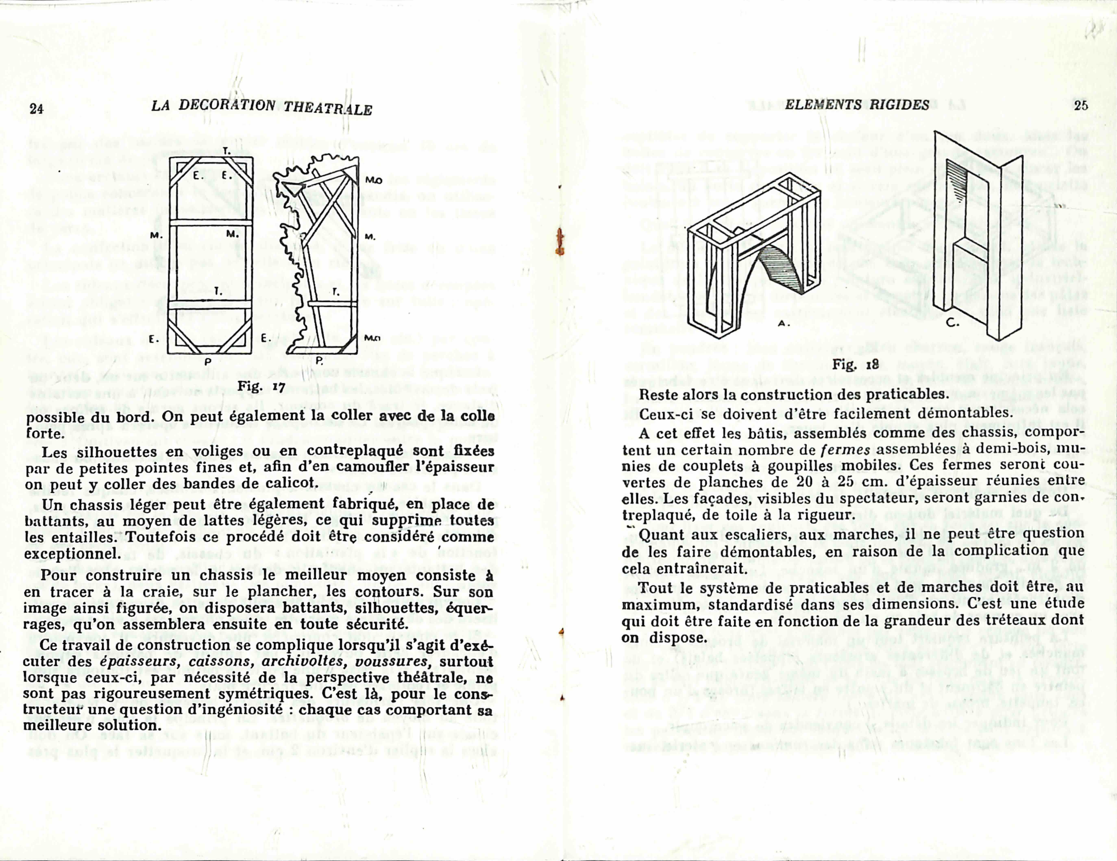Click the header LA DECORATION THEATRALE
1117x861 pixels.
(x=261, y=107)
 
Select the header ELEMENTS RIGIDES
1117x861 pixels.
(x=857, y=105)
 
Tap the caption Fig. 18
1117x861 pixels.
(x=855, y=365)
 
